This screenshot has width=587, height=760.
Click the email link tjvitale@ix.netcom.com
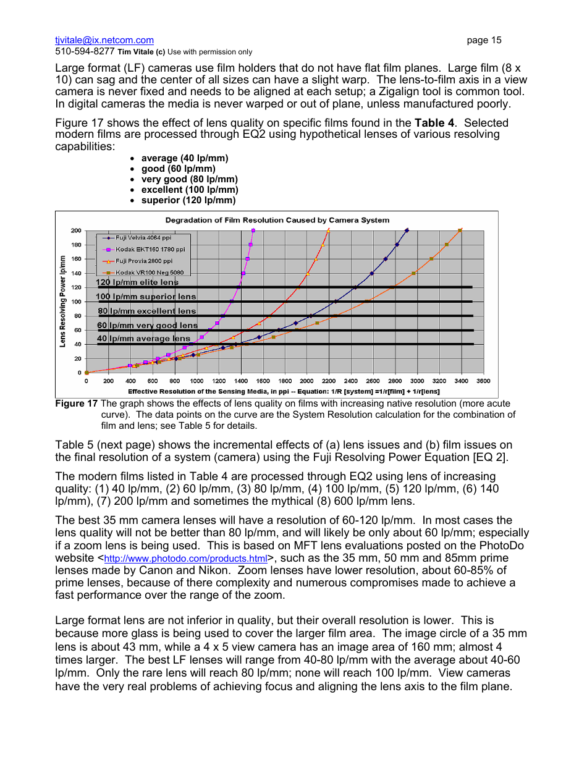[x=104, y=40]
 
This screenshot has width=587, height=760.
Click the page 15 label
[x=484, y=40]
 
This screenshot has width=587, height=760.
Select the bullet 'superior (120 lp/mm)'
[x=188, y=200]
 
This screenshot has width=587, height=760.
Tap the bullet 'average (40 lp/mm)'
[x=184, y=158]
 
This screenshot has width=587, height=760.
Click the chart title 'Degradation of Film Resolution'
[x=277, y=220]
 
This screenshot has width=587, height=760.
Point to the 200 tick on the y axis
[x=76, y=230]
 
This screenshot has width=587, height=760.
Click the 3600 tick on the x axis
[x=483, y=381]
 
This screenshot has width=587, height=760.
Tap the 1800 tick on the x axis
[x=284, y=381]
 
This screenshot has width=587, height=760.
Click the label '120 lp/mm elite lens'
[x=137, y=282]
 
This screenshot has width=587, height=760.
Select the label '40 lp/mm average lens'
[x=143, y=339]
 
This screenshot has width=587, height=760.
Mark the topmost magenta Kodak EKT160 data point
[x=253, y=230]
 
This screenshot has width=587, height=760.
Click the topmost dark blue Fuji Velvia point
[x=407, y=230]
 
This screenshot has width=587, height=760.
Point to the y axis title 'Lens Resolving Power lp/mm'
[x=63, y=301]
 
